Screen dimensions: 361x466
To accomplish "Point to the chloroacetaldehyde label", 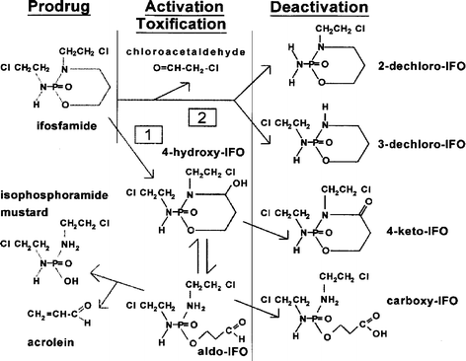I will point(186,49).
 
